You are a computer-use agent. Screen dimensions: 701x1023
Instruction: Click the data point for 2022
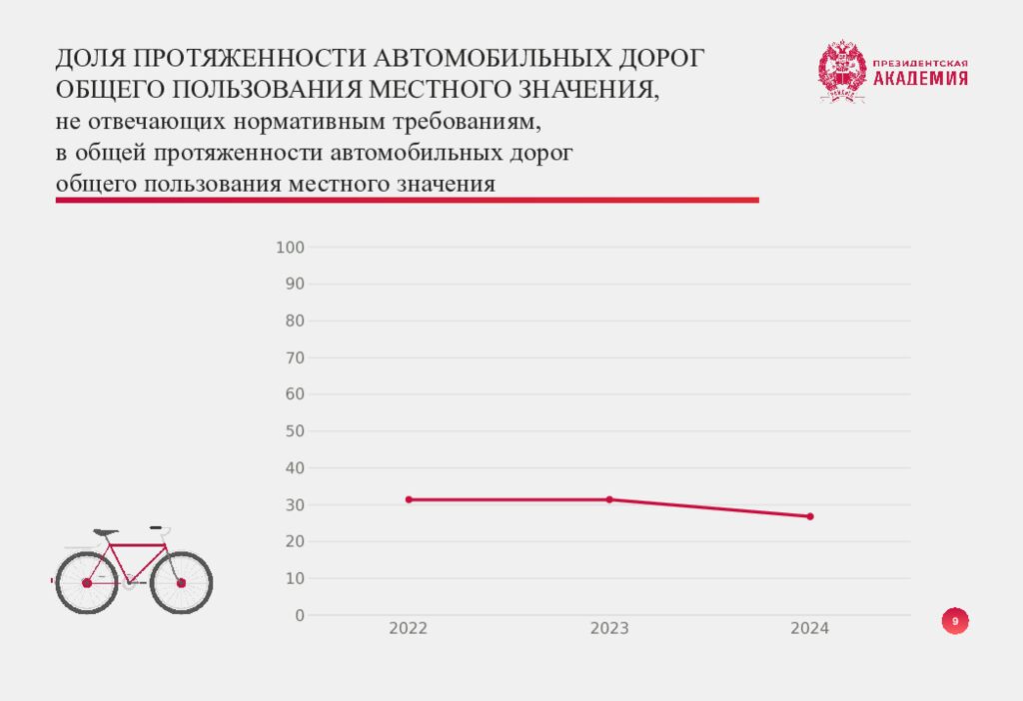pos(409,499)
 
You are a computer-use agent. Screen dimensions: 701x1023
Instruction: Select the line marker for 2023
pos(609,499)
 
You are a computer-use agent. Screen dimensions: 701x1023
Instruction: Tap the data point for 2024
pos(810,516)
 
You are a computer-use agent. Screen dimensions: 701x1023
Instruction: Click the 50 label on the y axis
pos(295,431)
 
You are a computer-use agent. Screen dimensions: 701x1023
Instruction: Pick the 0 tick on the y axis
pos(300,615)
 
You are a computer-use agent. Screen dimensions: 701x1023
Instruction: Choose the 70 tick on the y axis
pos(295,357)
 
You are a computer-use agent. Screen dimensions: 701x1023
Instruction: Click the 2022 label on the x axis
pos(409,629)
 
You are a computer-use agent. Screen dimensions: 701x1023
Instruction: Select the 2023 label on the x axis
pos(609,629)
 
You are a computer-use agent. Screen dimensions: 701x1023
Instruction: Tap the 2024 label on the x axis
pos(810,629)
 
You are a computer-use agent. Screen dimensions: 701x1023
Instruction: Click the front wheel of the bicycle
pos(182,582)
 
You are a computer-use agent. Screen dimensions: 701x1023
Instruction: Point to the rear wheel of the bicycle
pos(86,582)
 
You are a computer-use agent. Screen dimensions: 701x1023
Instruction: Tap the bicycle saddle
pos(105,532)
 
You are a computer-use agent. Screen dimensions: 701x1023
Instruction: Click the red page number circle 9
pos(955,622)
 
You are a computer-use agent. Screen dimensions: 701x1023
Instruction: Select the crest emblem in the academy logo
pos(841,71)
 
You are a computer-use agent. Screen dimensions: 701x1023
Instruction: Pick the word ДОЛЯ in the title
pos(88,59)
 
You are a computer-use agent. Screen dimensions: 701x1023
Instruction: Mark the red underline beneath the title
pos(407,201)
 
